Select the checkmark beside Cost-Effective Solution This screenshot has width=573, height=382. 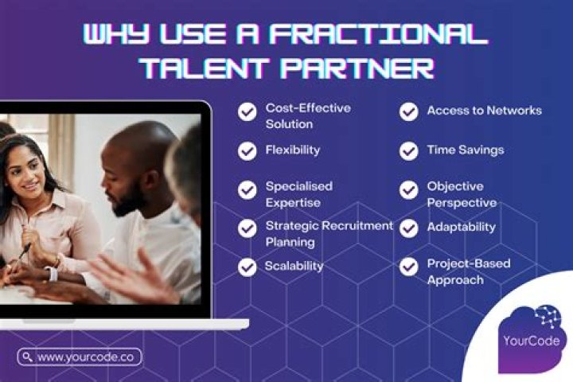tap(248, 112)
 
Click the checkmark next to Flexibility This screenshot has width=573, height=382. tap(248, 150)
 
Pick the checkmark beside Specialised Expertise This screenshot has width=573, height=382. tap(248, 189)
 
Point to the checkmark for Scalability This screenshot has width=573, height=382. tap(248, 266)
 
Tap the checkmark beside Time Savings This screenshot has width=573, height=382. tap(409, 150)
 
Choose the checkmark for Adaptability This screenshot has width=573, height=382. tap(409, 228)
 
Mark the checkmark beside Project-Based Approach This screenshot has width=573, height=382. tap(409, 267)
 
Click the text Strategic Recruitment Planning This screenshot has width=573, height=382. tap(328, 233)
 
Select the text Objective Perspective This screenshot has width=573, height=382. tap(461, 193)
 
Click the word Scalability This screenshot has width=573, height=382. tap(294, 266)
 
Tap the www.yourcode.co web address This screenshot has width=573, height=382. tap(86, 357)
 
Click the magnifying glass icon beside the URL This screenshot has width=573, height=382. tap(28, 357)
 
